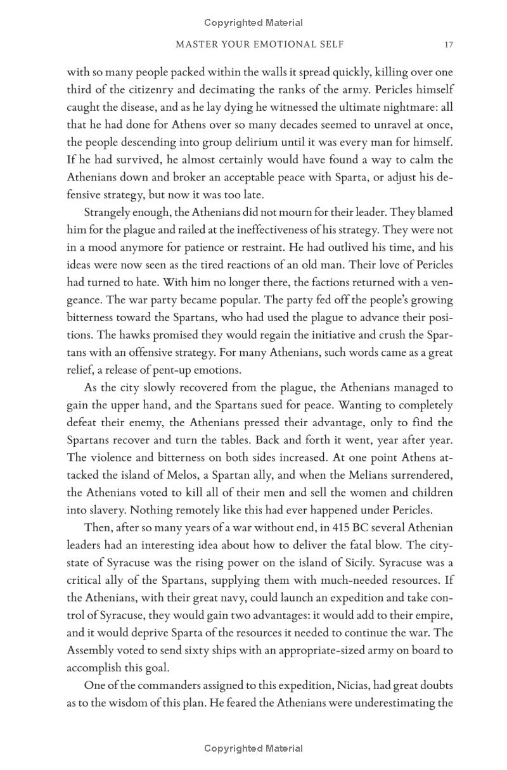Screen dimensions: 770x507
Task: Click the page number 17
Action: (x=449, y=45)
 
